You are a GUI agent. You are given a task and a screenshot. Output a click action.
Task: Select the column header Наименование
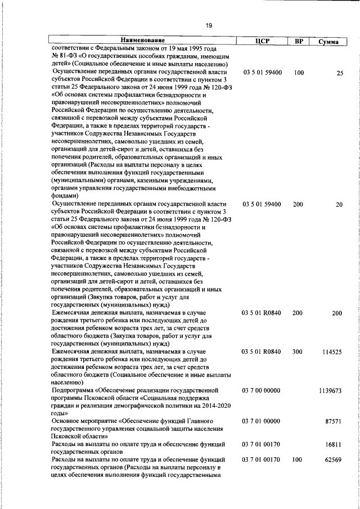142,41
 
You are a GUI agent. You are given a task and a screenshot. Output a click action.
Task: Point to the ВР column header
299,42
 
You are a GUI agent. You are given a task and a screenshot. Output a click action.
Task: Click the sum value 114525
332,352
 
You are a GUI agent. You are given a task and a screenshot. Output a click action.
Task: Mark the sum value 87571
334,421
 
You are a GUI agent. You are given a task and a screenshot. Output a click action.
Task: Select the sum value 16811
334,444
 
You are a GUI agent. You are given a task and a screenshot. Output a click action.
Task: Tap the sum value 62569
334,460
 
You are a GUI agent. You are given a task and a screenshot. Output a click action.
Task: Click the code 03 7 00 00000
261,390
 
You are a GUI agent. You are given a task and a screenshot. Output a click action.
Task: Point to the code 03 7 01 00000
261,421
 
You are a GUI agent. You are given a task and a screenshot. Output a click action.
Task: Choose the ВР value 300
298,352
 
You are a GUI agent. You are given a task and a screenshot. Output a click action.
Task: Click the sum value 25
339,73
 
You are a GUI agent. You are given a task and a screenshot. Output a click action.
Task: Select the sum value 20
339,205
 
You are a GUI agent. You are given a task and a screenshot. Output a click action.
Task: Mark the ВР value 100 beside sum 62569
298,460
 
